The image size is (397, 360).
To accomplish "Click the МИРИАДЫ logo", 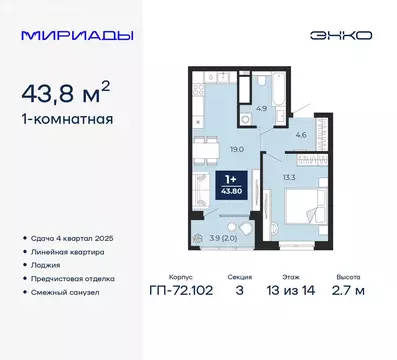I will (69, 36).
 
